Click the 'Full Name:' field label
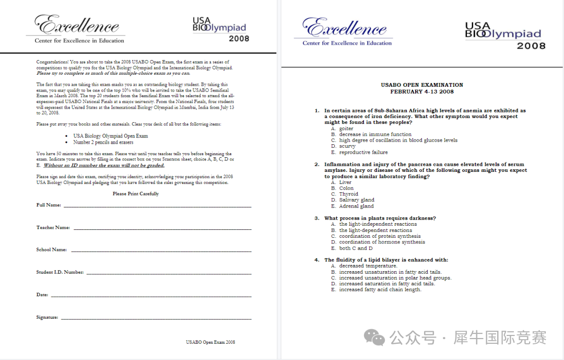[49, 205]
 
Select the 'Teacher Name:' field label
[53, 228]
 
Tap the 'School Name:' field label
[52, 250]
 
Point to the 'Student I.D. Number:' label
[60, 272]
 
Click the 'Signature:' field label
[48, 317]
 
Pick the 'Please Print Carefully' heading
[136, 194]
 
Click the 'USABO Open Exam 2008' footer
[210, 342]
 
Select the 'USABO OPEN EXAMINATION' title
[422, 85]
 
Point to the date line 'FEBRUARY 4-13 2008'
[422, 91]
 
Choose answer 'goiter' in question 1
[346, 129]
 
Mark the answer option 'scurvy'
[347, 146]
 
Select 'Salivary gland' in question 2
[357, 200]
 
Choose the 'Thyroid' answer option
[349, 194]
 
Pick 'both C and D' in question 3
[356, 248]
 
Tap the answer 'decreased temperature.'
[368, 266]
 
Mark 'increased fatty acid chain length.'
[380, 289]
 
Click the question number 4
[316, 260]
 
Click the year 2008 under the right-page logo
[531, 46]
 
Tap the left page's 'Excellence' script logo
[77, 25]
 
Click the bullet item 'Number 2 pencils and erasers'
[103, 142]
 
